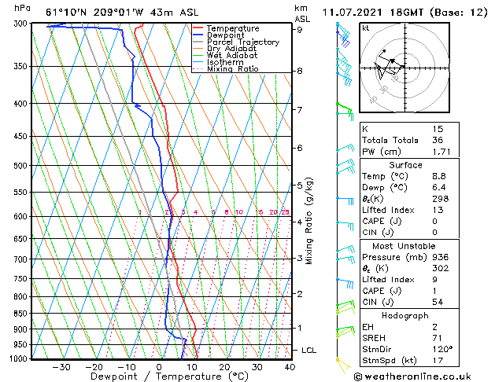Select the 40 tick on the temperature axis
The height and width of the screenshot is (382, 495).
pos(290,366)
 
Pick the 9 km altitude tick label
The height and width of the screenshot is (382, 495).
pos(300,30)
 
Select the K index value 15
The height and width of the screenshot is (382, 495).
pos(438,128)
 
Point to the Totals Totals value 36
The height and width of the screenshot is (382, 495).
pos(438,140)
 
